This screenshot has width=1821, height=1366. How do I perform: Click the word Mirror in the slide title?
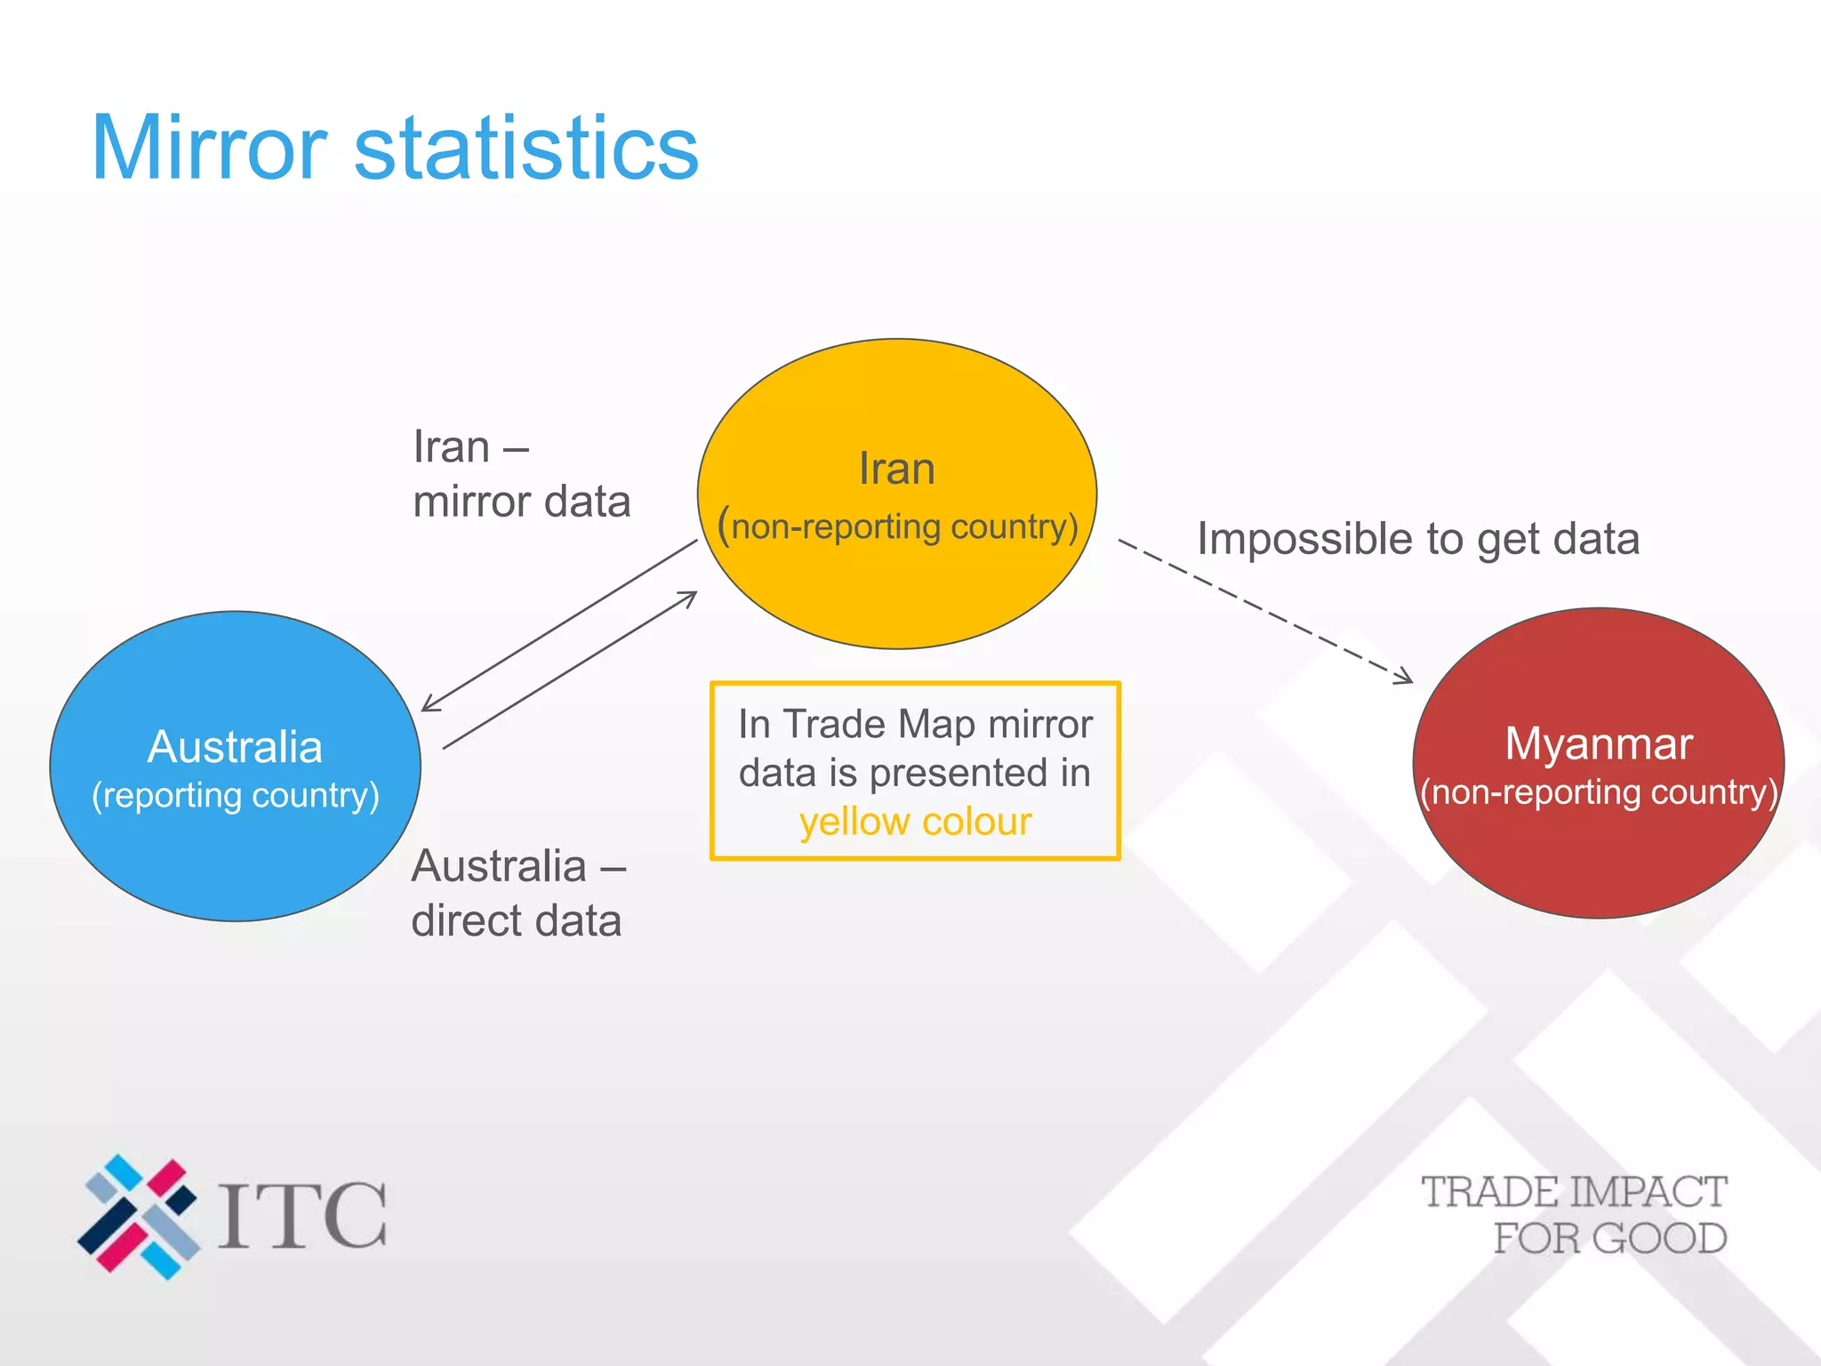click(210, 149)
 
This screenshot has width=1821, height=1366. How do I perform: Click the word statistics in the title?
click(526, 149)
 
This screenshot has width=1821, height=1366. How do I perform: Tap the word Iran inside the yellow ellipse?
click(896, 469)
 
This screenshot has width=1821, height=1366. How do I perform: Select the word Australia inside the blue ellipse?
click(235, 747)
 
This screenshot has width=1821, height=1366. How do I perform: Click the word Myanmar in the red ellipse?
click(1598, 743)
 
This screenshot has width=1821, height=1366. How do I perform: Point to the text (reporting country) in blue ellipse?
click(236, 795)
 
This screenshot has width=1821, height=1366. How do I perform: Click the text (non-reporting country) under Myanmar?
click(1598, 792)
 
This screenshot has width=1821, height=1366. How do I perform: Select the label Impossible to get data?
click(1418, 539)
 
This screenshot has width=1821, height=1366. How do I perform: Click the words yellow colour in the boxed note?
click(915, 822)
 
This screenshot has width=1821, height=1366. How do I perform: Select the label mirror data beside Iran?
click(522, 502)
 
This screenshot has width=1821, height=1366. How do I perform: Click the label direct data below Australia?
click(516, 920)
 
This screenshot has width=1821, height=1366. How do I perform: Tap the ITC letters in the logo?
click(302, 1216)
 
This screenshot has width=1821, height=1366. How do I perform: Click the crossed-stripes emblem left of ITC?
click(139, 1217)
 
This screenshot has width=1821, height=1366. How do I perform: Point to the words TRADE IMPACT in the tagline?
click(1573, 1193)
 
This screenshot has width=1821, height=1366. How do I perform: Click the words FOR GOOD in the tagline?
click(1609, 1239)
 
